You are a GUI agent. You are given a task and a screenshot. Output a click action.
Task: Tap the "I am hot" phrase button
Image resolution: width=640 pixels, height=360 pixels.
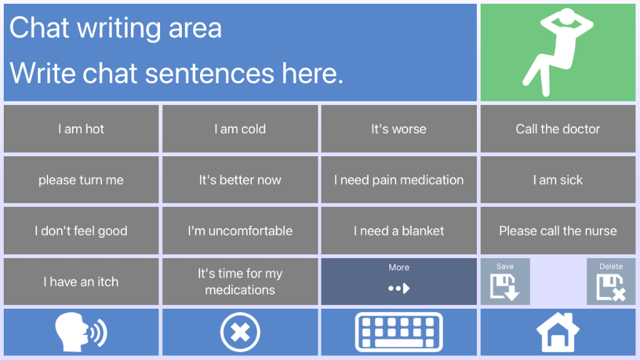pos(81,129)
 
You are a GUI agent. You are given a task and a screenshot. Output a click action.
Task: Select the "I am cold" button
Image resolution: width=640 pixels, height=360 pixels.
pos(240,129)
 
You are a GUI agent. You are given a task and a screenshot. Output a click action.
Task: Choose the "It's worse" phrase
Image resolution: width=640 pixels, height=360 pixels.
pos(399,129)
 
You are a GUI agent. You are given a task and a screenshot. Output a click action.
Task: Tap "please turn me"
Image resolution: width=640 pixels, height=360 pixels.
pos(81,180)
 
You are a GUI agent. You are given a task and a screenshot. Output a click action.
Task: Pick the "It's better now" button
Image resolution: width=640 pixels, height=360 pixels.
pos(240,180)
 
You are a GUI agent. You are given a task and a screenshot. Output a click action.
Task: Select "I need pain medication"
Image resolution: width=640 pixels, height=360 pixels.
pos(399,180)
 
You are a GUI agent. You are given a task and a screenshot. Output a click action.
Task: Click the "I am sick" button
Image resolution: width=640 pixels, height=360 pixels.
pos(558,180)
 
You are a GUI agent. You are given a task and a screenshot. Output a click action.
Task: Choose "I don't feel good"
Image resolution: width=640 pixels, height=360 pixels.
pos(81,231)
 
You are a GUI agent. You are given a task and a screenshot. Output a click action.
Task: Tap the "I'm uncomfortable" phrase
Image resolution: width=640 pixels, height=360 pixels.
pos(240,231)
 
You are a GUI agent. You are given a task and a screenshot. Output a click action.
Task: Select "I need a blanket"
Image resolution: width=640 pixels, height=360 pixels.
pos(399,231)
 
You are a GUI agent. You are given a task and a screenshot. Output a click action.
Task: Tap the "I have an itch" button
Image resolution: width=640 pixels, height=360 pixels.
pos(81,282)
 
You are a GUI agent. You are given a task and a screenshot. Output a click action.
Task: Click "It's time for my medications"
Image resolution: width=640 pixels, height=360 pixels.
pos(240,282)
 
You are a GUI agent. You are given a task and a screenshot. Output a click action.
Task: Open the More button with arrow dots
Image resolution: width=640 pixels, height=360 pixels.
pos(399,282)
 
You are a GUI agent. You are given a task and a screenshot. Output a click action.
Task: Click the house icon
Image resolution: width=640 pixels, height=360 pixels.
pos(558,332)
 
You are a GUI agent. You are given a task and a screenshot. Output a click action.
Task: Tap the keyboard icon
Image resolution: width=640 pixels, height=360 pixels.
pos(399,332)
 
